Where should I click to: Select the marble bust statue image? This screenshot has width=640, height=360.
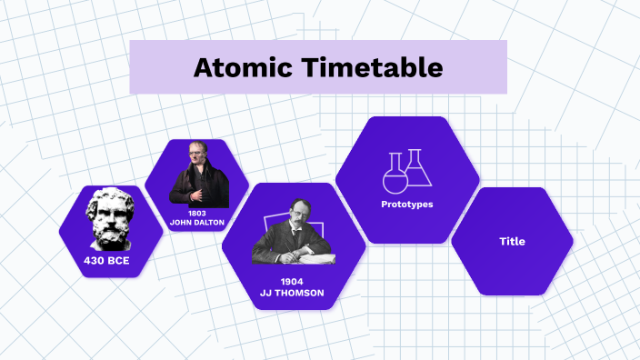tap(109, 219)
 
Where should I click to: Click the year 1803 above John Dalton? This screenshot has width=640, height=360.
tap(197, 213)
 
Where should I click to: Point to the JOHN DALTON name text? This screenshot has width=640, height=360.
tap(196, 222)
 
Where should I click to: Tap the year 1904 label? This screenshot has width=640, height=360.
tap(291, 282)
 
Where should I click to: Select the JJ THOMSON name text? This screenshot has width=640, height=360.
tap(291, 294)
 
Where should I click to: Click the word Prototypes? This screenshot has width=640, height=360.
tap(406, 205)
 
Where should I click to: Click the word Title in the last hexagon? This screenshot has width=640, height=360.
tap(512, 242)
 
